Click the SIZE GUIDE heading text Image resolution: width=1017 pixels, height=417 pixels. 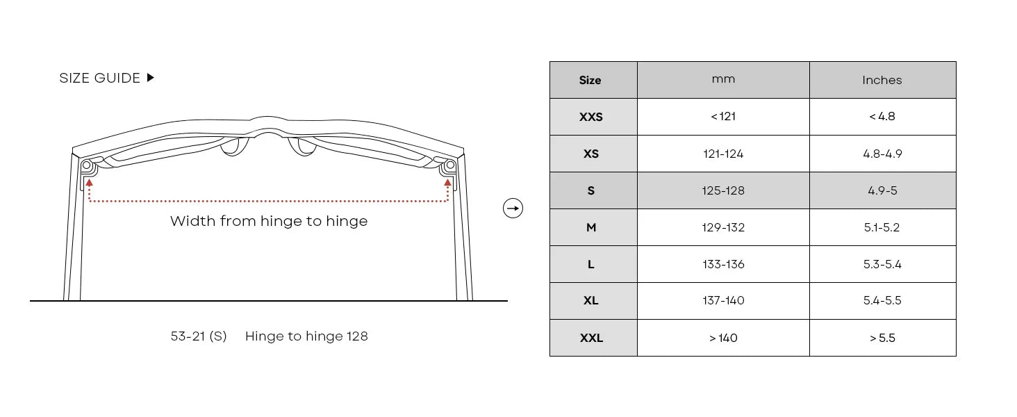[99, 78]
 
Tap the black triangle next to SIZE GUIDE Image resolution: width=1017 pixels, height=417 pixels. [151, 78]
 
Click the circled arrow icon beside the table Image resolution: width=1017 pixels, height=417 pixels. [513, 208]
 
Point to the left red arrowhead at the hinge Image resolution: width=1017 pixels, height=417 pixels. [90, 183]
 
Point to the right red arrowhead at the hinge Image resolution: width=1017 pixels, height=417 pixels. [447, 183]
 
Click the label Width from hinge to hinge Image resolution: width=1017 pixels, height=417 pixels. [269, 221]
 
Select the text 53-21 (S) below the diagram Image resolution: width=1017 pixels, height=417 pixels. [199, 336]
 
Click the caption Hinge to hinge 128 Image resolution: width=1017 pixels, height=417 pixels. [306, 336]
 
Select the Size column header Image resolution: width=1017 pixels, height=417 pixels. [590, 81]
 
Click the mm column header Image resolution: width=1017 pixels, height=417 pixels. [723, 79]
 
